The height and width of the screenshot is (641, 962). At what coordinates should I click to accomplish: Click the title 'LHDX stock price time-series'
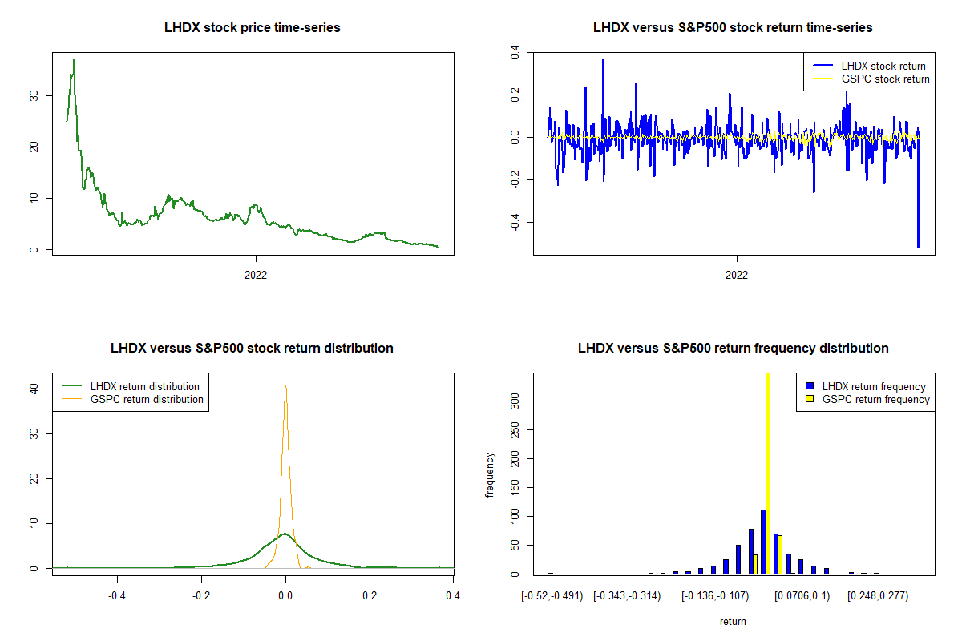(252, 28)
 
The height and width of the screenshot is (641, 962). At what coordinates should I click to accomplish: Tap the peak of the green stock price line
(74, 60)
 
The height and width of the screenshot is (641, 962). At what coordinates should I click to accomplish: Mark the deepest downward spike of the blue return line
(918, 247)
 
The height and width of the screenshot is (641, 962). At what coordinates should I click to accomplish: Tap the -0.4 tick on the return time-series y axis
(515, 221)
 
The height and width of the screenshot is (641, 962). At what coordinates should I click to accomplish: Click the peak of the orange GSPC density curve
(285, 385)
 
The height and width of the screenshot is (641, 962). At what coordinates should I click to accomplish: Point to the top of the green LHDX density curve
(285, 533)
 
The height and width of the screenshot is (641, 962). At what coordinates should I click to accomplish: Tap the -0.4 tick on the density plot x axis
(118, 595)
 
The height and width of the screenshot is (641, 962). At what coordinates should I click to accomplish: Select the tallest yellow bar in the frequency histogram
(768, 473)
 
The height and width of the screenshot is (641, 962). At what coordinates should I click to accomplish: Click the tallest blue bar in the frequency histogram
(763, 542)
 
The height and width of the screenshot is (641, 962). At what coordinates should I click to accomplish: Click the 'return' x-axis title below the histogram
(733, 621)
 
